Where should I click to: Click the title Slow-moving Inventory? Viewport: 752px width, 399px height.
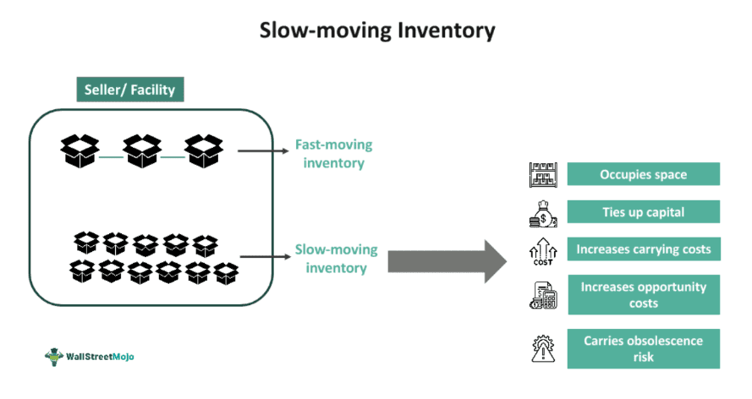[376, 30]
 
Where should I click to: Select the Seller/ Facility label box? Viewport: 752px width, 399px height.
[129, 90]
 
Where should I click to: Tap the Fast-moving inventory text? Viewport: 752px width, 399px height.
[333, 153]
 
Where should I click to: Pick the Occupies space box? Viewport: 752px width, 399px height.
[643, 175]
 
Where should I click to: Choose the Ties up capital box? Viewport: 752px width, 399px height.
[643, 211]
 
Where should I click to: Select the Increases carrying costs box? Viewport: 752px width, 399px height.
[643, 249]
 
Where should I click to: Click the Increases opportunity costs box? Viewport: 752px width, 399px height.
[643, 295]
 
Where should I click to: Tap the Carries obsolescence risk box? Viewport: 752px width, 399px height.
[643, 348]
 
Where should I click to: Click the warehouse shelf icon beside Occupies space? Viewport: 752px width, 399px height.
[541, 175]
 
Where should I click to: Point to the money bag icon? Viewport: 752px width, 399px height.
[542, 212]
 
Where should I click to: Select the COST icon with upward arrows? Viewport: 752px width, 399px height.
[541, 250]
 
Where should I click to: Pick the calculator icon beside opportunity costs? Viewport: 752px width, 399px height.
[542, 295]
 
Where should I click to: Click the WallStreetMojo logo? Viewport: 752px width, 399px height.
[89, 356]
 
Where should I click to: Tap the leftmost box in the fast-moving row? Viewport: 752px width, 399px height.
[80, 151]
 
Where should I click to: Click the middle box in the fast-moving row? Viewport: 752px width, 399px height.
[141, 151]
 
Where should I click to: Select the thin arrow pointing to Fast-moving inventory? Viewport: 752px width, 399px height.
[262, 152]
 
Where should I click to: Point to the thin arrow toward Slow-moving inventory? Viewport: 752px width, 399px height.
[265, 257]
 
